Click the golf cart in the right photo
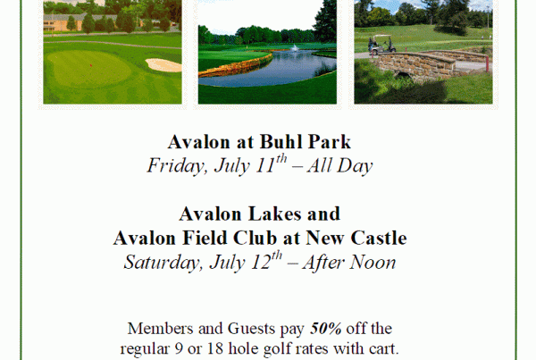[381, 45]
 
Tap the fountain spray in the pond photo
[294, 48]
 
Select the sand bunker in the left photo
[163, 65]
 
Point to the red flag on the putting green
[91, 64]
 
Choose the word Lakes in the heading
[274, 213]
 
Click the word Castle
[379, 238]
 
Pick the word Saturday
[162, 263]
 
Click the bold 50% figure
[326, 329]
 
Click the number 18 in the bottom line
[215, 348]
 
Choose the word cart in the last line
[384, 349]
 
